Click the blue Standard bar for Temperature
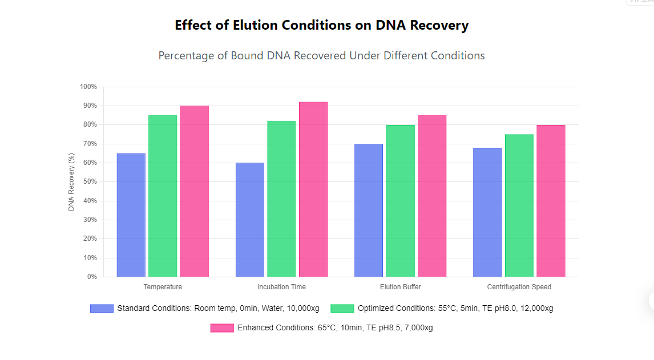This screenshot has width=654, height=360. coord(131,215)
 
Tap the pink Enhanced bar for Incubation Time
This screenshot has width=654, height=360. coord(313,189)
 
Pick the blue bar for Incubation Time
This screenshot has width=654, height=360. coord(250,220)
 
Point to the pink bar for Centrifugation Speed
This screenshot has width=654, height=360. coord(551,201)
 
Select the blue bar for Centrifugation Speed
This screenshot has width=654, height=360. coord(487,212)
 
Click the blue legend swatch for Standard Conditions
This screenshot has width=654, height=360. coord(102,309)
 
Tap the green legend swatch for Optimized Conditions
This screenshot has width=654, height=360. coord(342,309)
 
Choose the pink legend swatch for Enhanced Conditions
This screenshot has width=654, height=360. coord(222,328)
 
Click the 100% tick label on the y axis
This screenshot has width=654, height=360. coord(88,87)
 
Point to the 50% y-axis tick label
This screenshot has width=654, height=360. coord(90,182)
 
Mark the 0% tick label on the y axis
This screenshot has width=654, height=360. coord(92,277)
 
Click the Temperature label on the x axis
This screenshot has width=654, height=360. coord(163,287)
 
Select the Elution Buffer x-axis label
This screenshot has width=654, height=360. coord(400,287)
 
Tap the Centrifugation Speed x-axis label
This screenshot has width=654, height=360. coord(519,287)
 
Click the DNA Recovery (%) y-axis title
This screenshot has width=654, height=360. coord(71,182)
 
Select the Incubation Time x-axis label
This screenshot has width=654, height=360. coord(281,287)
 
